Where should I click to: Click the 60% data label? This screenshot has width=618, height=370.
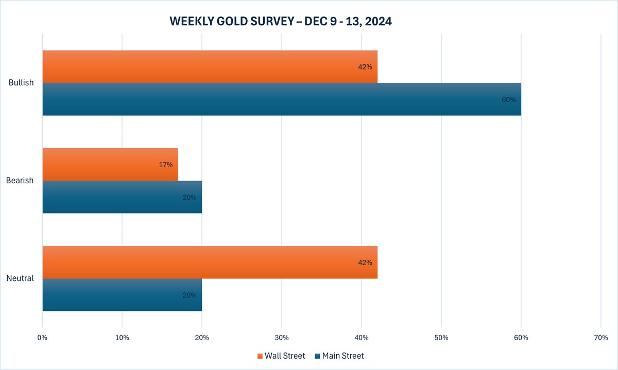[508, 99]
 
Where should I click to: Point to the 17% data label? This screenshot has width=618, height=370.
[165, 165]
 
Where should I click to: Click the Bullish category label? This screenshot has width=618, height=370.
[21, 83]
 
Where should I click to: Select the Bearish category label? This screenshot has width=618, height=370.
[20, 181]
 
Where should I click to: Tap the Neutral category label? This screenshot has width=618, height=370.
[20, 278]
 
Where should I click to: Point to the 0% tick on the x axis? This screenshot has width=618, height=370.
[42, 338]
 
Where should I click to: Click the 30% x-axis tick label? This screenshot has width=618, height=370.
[282, 338]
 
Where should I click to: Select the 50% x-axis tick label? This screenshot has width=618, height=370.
[441, 338]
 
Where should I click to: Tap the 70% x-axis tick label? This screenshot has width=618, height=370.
[601, 338]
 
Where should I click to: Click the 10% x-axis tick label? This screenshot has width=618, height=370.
[122, 338]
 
